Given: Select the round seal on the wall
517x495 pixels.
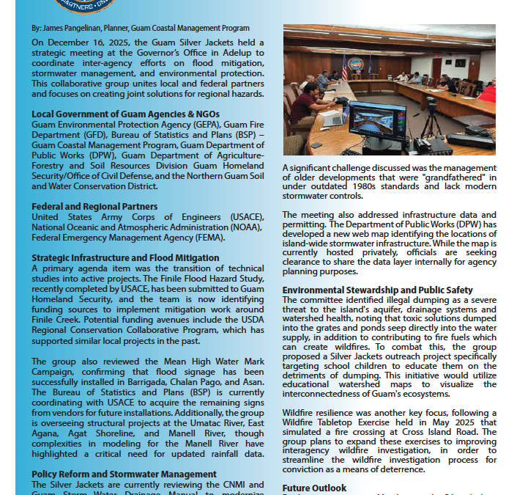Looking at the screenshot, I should pos(355,64).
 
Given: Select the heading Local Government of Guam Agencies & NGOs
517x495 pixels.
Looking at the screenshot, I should pos(125,114).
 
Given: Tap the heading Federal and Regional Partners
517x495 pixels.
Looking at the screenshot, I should pos(94,207).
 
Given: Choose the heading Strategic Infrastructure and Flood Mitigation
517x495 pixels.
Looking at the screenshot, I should pos(125,258).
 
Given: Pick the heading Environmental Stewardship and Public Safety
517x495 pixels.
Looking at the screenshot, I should pos(378,290).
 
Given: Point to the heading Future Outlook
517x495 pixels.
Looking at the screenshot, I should pos(314,488).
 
